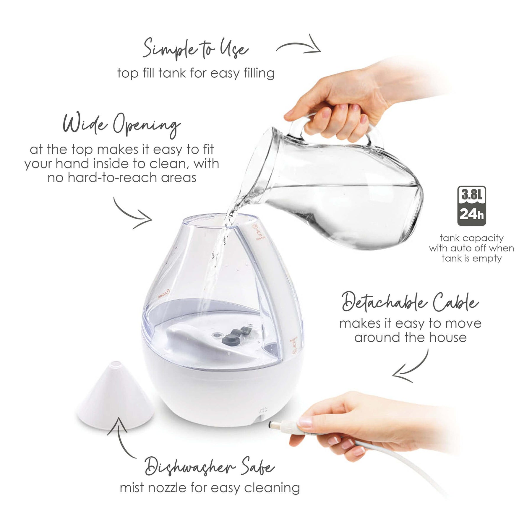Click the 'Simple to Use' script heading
point(195,49)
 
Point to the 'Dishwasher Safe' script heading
point(209,467)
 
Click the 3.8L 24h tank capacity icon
point(471,206)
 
